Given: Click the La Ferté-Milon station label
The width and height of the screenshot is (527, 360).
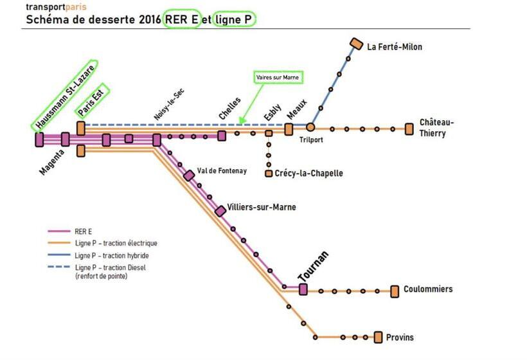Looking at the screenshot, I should point(395,47).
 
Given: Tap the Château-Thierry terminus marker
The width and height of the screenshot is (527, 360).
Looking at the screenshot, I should point(409,129).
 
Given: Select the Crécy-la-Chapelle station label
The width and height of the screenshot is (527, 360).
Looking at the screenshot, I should point(308,174).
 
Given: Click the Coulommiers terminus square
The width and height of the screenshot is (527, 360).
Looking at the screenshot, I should point(395,291).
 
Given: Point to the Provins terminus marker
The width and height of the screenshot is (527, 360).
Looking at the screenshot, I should point(379,337).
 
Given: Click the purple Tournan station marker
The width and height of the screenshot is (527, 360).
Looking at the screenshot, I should point(303,289).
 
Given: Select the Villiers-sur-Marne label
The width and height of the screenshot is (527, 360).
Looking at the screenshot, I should point(261,207).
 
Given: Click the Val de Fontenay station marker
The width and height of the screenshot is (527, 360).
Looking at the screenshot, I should point(189,175).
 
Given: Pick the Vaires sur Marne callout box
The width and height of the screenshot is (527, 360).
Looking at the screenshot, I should point(278,77).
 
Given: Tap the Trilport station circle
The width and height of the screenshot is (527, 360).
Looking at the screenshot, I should point(310,127).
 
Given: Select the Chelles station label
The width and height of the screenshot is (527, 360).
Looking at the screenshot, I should point(229,107).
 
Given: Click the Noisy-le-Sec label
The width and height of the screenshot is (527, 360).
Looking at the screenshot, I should point(169,104).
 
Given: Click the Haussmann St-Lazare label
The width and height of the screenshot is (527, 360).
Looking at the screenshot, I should point(66,94).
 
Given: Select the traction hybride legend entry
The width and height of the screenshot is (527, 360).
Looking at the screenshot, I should point(112,255).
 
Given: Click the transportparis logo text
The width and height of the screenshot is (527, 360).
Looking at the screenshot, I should point(55,7).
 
